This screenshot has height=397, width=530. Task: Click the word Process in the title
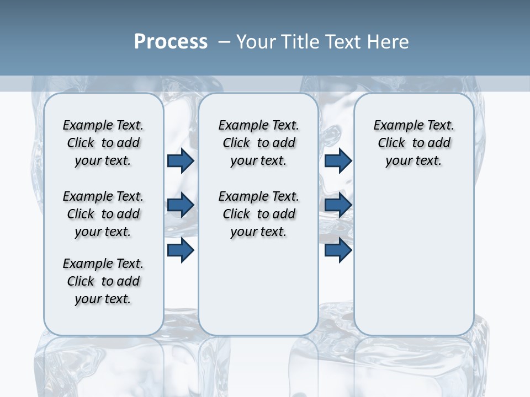coord(171,41)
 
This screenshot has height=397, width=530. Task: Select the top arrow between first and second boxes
coord(181,161)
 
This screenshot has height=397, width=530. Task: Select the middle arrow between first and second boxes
coord(181,205)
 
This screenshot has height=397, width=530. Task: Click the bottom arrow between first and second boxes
coord(181,250)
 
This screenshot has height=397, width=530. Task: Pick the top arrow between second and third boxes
coord(338,161)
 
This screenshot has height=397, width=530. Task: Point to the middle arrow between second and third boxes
coord(338,205)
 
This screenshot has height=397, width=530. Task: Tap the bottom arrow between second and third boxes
coord(338,250)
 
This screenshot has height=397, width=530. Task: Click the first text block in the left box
coord(103,143)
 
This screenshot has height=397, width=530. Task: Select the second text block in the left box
coord(103,214)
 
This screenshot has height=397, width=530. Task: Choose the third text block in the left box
coord(103,281)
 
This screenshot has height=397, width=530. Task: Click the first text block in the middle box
coord(259,143)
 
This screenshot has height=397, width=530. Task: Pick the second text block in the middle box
coord(259,214)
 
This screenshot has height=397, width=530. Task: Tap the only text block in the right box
coord(414,143)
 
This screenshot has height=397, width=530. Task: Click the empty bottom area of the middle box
coord(258,292)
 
